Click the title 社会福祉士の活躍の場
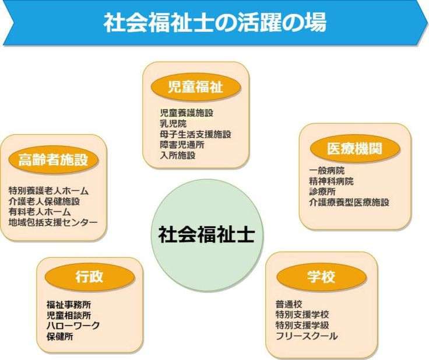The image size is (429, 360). coord(215,22)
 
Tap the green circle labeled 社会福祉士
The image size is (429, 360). coord(207,235)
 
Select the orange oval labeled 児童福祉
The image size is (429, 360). coord(196,88)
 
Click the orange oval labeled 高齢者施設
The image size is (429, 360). coord(54,159)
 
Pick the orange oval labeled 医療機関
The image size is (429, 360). coord(355,149)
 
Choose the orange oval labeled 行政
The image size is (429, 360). coord(90,277)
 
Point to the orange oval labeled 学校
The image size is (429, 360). coord(322,277)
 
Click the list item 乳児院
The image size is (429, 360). coord(173,124)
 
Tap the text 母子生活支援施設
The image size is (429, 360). coord(195,134)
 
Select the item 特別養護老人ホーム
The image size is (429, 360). coord(48,191)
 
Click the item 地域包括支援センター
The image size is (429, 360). coord(53,222)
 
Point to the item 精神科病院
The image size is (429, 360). coord(331,181)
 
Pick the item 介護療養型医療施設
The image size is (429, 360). coord(349,202)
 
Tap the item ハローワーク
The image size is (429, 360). coord(73,326)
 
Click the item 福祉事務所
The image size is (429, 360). coord(69,305)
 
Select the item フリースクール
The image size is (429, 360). coord(307,336)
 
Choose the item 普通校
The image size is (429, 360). coord(289,305)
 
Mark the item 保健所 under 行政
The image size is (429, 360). coord(60,337)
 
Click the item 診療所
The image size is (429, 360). coord(322,192)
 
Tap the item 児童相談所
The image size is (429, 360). coord(69,315)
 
